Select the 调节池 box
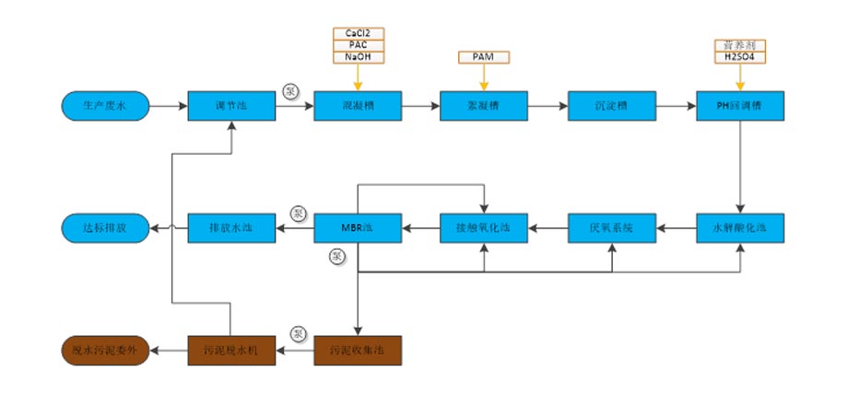click(x=230, y=107)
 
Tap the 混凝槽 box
click(x=358, y=107)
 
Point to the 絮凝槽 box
click(x=484, y=107)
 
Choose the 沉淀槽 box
click(x=611, y=107)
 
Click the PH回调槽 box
click(x=739, y=107)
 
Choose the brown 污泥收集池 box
click(x=358, y=349)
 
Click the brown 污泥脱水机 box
click(x=230, y=349)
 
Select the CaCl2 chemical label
click(x=359, y=34)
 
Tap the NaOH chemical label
click(x=359, y=57)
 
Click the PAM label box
click(x=484, y=57)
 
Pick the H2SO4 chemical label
click(x=739, y=57)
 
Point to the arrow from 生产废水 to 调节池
click(x=168, y=107)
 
